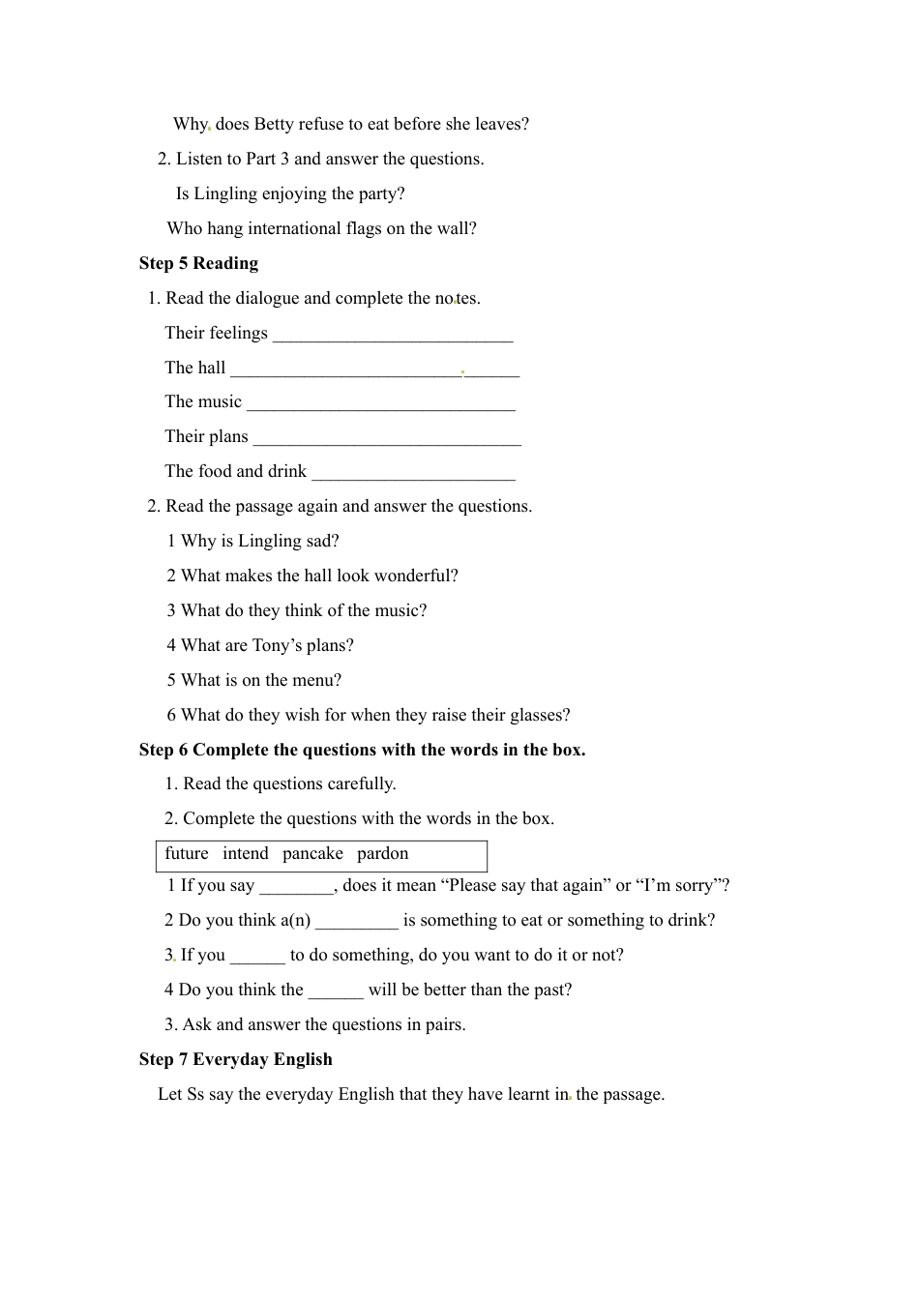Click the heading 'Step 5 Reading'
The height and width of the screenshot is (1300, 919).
pos(198,263)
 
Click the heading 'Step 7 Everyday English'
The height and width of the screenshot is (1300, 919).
pos(235,1059)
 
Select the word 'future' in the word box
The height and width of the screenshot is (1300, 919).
pos(187,853)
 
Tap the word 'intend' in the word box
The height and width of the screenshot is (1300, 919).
pos(246,853)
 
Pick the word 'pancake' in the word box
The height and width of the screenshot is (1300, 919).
pos(312,853)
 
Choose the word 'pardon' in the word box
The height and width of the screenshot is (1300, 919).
pos(383,853)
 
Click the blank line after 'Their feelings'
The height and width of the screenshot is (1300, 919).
pos(393,338)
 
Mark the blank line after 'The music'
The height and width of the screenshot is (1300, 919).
pos(381,407)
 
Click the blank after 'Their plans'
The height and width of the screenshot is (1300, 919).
pos(387,442)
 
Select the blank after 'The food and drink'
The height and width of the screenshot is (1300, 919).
pos(414,477)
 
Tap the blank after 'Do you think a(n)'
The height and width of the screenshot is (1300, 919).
pos(357,926)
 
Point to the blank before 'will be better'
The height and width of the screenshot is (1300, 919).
pos(336,995)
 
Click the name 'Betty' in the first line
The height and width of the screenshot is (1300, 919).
pos(274,124)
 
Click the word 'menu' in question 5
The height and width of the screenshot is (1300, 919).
pos(319,680)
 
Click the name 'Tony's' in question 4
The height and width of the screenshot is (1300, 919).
pos(277,645)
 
